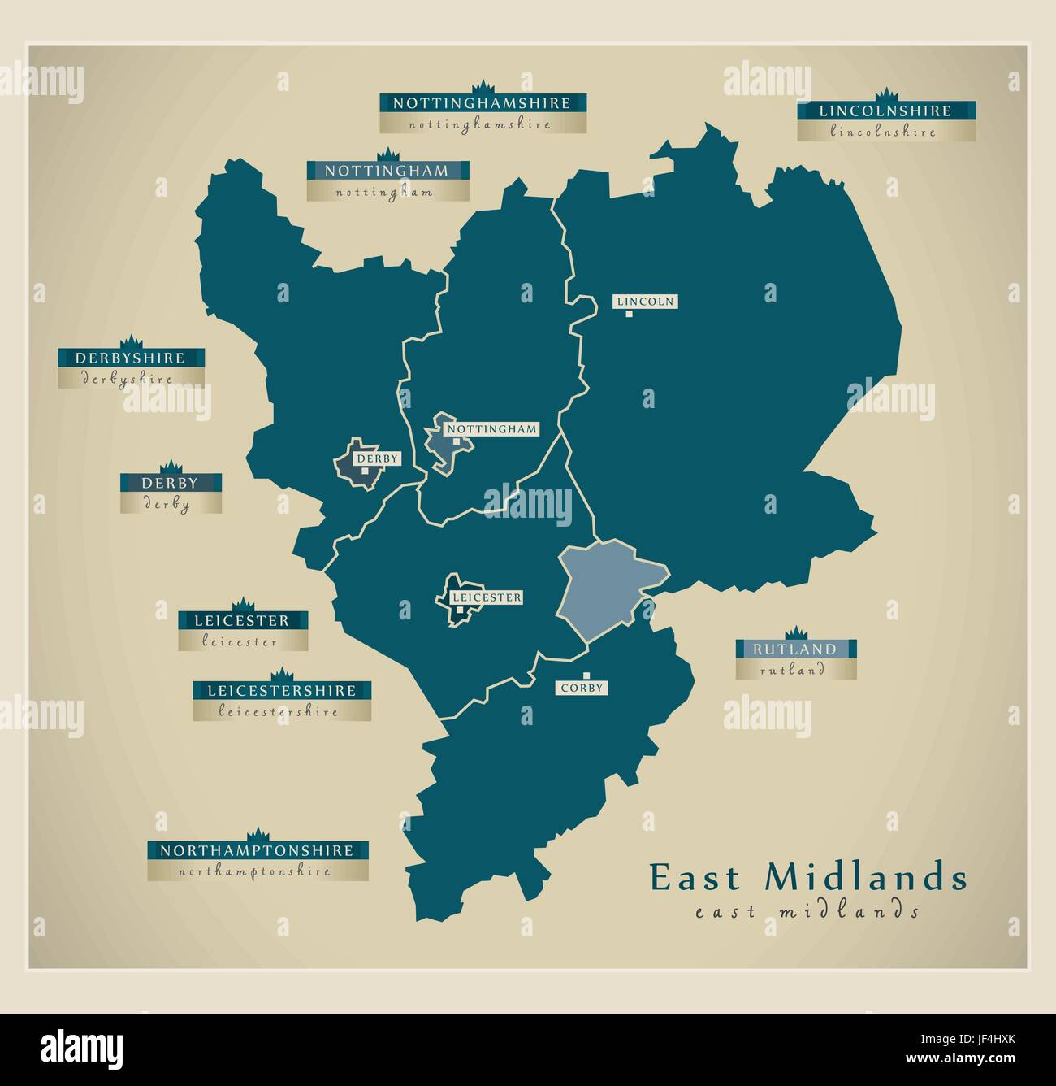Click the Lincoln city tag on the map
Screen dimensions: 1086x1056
click(x=646, y=302)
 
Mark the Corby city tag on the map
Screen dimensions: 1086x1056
click(x=582, y=688)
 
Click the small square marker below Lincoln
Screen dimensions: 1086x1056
click(x=628, y=314)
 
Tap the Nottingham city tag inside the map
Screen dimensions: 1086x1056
click(x=492, y=429)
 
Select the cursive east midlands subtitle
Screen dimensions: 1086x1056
click(x=807, y=911)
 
